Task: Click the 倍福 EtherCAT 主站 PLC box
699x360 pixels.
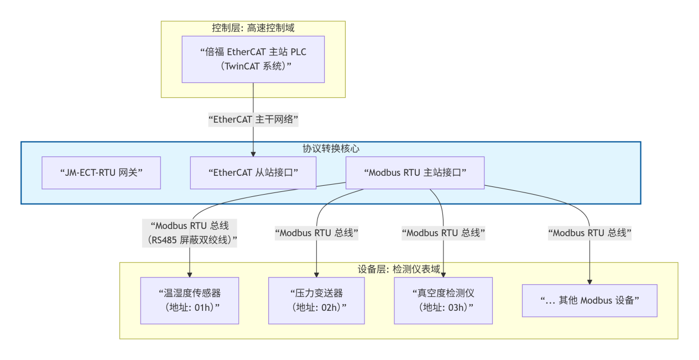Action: pos(253,59)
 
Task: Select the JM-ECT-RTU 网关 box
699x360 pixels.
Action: pos(101,173)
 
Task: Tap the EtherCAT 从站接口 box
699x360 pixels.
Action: pos(253,173)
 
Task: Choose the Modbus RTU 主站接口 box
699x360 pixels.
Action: pos(415,173)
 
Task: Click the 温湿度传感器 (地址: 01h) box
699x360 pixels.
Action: pos(190,300)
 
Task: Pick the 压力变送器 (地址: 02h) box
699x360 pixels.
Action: pos(316,300)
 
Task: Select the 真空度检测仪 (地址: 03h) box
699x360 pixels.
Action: pos(443,300)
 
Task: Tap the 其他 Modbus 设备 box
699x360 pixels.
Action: pos(590,300)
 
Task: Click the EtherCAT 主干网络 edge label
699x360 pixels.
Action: pos(253,118)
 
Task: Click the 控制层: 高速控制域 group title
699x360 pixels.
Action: pos(253,28)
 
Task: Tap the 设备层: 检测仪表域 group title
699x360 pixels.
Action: pos(399,269)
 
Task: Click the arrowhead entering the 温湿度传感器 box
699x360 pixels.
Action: pos(190,274)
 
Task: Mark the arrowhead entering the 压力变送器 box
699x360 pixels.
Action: pos(316,274)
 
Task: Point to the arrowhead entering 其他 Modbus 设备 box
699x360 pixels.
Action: pos(590,281)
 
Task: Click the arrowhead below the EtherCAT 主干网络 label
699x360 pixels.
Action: pos(253,154)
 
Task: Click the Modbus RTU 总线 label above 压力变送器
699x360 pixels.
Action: pos(316,233)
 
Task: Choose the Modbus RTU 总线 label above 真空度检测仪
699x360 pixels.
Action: pos(443,233)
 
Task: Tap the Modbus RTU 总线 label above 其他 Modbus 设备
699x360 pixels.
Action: pos(590,233)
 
